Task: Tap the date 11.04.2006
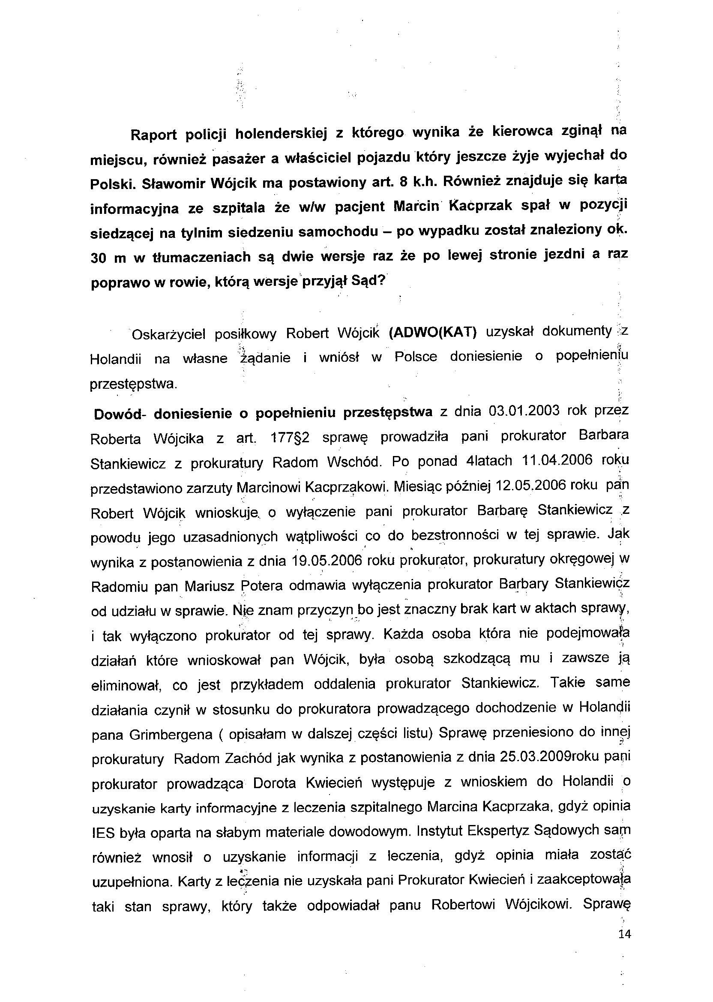[x=558, y=461]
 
